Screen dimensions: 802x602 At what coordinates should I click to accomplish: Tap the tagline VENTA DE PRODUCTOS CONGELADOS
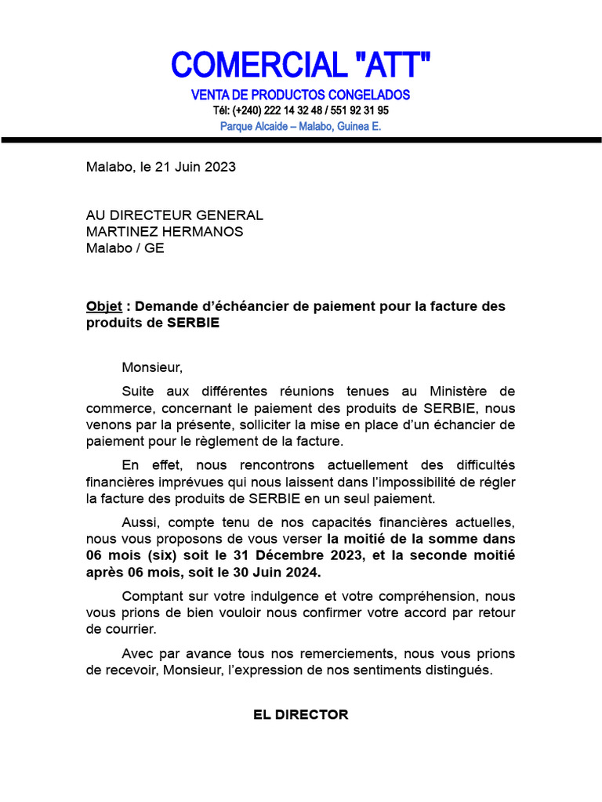coord(301,95)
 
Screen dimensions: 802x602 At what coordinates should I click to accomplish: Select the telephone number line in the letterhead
coord(301,110)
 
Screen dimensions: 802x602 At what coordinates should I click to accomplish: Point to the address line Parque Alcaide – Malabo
coord(301,126)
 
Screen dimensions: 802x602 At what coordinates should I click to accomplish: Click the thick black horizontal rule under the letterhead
coord(301,140)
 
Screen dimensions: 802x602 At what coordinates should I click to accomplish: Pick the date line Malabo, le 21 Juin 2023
coord(161,167)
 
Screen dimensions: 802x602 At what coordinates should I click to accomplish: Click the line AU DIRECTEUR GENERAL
coord(175,215)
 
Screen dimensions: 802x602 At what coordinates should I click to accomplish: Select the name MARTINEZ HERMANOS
coord(165,232)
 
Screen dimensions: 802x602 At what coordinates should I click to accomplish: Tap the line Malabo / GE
coord(125,248)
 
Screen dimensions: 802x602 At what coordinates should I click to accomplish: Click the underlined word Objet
coord(104,306)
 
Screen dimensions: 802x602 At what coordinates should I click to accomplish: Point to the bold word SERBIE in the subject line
coord(193,323)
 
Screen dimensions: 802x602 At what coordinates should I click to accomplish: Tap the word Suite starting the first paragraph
coord(138,391)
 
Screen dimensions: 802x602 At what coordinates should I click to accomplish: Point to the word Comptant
coord(151,596)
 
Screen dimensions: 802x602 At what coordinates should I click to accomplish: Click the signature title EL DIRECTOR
coord(301,715)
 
